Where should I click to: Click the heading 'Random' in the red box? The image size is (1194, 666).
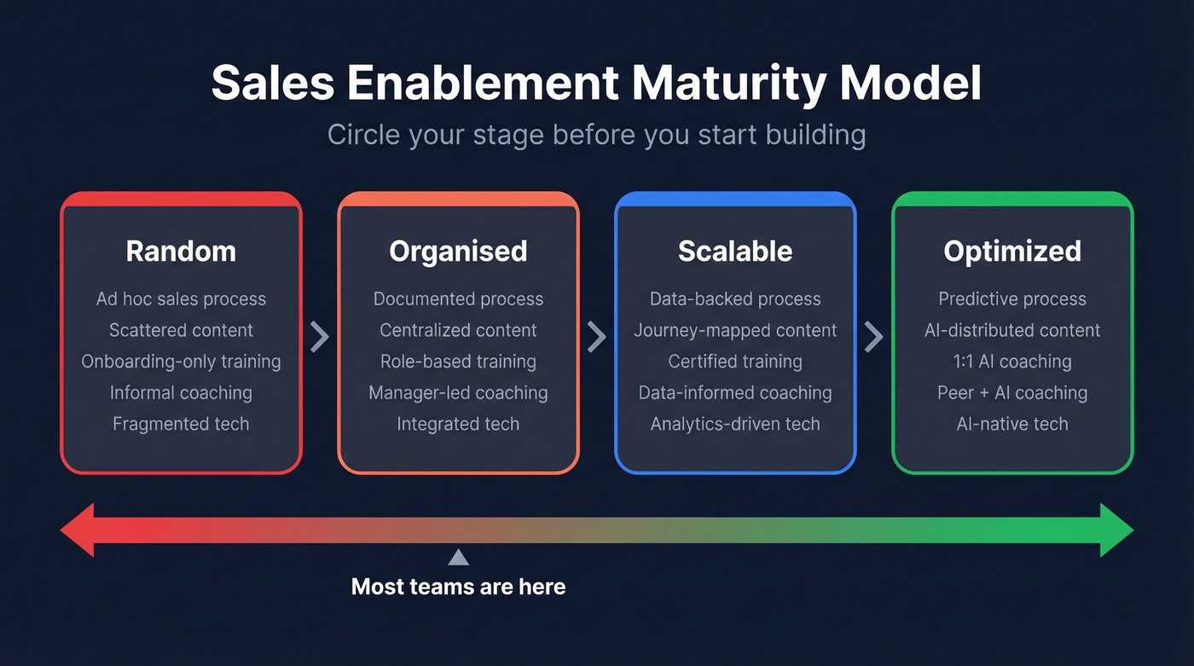[x=181, y=252]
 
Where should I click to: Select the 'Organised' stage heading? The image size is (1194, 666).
[x=458, y=252]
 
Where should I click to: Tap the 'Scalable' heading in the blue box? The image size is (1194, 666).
[x=735, y=252]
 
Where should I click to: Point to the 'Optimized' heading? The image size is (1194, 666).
[x=1012, y=252]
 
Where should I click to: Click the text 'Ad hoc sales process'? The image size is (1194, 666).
[x=181, y=299]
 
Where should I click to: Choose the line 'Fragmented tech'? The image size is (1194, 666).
[x=181, y=424]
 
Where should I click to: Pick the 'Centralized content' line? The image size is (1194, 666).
[x=458, y=330]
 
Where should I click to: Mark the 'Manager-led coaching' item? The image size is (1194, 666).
[x=458, y=393]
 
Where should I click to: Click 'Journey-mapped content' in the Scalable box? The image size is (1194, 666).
[x=735, y=330]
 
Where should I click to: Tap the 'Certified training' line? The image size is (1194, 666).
[x=735, y=362]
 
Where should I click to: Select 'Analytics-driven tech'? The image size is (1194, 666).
[x=735, y=424]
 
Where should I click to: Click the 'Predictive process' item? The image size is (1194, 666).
[x=1012, y=299]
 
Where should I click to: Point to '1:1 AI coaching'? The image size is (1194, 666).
[x=1012, y=362]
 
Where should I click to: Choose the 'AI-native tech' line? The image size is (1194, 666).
[x=1012, y=424]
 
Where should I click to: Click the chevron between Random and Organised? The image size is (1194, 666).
[x=320, y=337]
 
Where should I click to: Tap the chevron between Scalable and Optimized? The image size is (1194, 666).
[x=873, y=337]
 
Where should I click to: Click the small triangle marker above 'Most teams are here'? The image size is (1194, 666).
[x=459, y=558]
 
